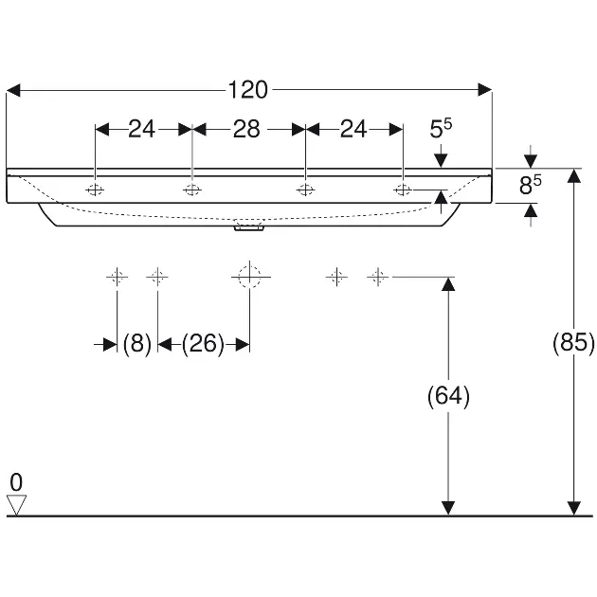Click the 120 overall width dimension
(248, 90)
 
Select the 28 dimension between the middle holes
(246, 129)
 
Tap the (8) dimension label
(137, 345)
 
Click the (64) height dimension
(449, 396)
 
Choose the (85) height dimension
(573, 343)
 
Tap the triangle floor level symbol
(17, 505)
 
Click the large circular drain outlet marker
(248, 277)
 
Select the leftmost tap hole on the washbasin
(96, 190)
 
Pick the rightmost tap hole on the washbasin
(403, 190)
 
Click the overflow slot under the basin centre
(249, 227)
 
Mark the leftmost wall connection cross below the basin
(117, 277)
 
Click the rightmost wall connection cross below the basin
(378, 277)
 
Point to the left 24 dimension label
(141, 129)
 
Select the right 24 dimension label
(353, 129)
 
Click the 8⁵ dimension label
(531, 186)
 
